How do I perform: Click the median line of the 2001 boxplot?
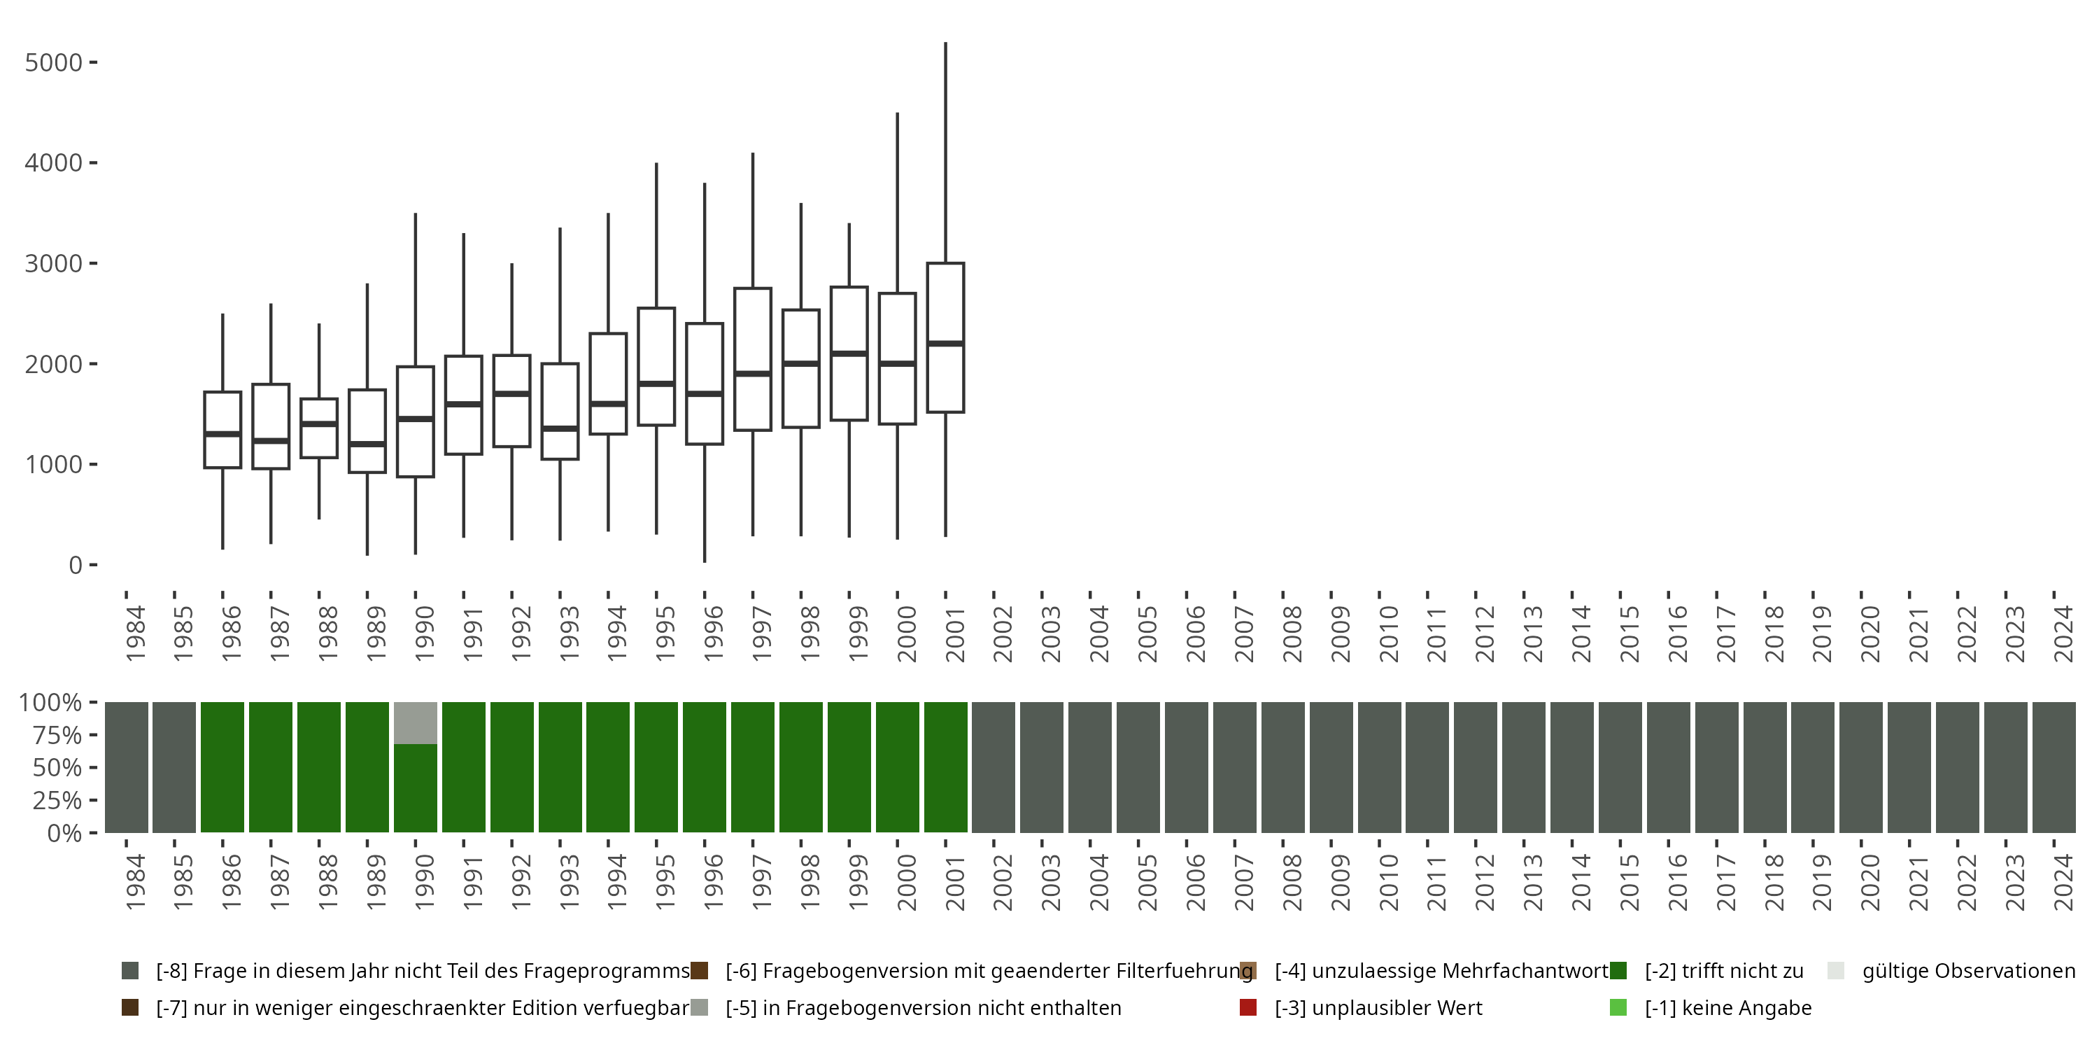(x=945, y=343)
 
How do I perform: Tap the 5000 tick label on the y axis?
(x=54, y=63)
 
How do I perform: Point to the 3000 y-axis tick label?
(x=54, y=263)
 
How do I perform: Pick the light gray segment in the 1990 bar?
(x=416, y=723)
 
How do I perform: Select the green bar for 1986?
(x=222, y=767)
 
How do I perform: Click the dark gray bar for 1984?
(x=127, y=767)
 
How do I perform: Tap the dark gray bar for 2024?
(x=2054, y=767)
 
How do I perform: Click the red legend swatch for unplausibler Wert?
(x=1248, y=1007)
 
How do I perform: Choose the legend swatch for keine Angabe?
(x=1618, y=1007)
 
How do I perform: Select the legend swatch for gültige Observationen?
(x=1836, y=971)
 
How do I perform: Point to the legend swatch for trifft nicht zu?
(x=1618, y=971)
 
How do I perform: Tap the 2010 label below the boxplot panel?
(x=1388, y=634)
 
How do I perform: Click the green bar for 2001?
(x=945, y=767)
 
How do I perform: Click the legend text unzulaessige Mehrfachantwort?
(x=1441, y=971)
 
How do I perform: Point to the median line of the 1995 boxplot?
(x=657, y=383)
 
